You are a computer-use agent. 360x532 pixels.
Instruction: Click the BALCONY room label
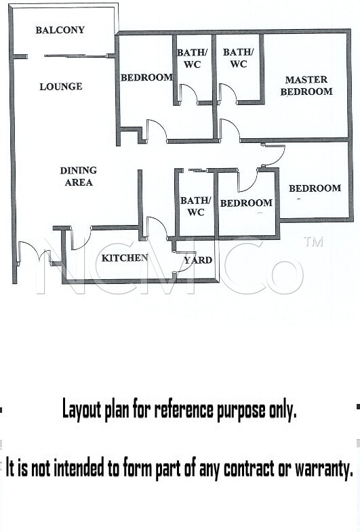pyautogui.click(x=60, y=30)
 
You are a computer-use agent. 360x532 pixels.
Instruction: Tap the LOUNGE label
pyautogui.click(x=61, y=87)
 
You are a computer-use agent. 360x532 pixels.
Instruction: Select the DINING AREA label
pyautogui.click(x=79, y=176)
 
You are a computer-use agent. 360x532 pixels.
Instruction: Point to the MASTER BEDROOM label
pyautogui.click(x=306, y=85)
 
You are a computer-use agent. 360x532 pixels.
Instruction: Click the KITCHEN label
pyautogui.click(x=125, y=258)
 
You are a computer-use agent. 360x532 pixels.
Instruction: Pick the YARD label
pyautogui.click(x=198, y=260)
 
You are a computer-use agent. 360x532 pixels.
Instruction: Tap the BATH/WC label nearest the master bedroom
pyautogui.click(x=238, y=58)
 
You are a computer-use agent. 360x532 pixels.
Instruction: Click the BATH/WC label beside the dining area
pyautogui.click(x=195, y=206)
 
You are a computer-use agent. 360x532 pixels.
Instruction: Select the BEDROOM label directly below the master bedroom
pyautogui.click(x=315, y=188)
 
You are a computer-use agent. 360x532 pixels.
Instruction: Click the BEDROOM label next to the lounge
pyautogui.click(x=147, y=77)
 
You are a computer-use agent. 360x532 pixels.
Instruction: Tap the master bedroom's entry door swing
pyautogui.click(x=230, y=129)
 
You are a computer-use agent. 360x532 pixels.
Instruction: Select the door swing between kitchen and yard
pyautogui.click(x=180, y=262)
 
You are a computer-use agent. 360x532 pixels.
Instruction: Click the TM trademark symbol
pyautogui.click(x=313, y=242)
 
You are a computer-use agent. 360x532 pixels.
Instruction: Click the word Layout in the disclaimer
pyautogui.click(x=82, y=410)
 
